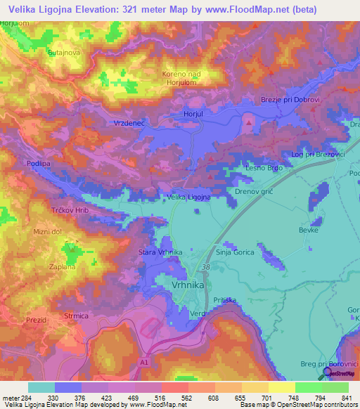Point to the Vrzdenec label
(129, 123)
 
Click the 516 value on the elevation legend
(161, 398)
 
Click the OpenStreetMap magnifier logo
(328, 375)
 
